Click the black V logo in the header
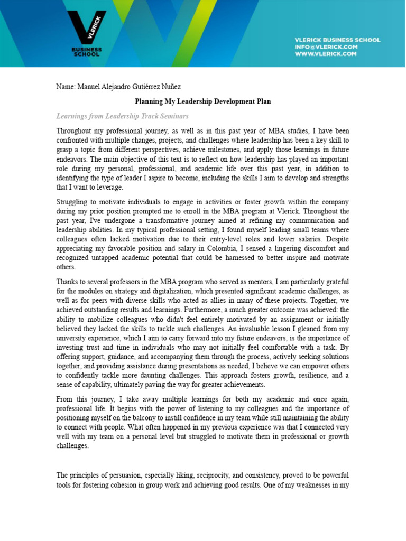click(86, 26)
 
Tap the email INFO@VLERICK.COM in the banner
click(326, 46)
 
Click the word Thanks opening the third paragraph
click(67, 282)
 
